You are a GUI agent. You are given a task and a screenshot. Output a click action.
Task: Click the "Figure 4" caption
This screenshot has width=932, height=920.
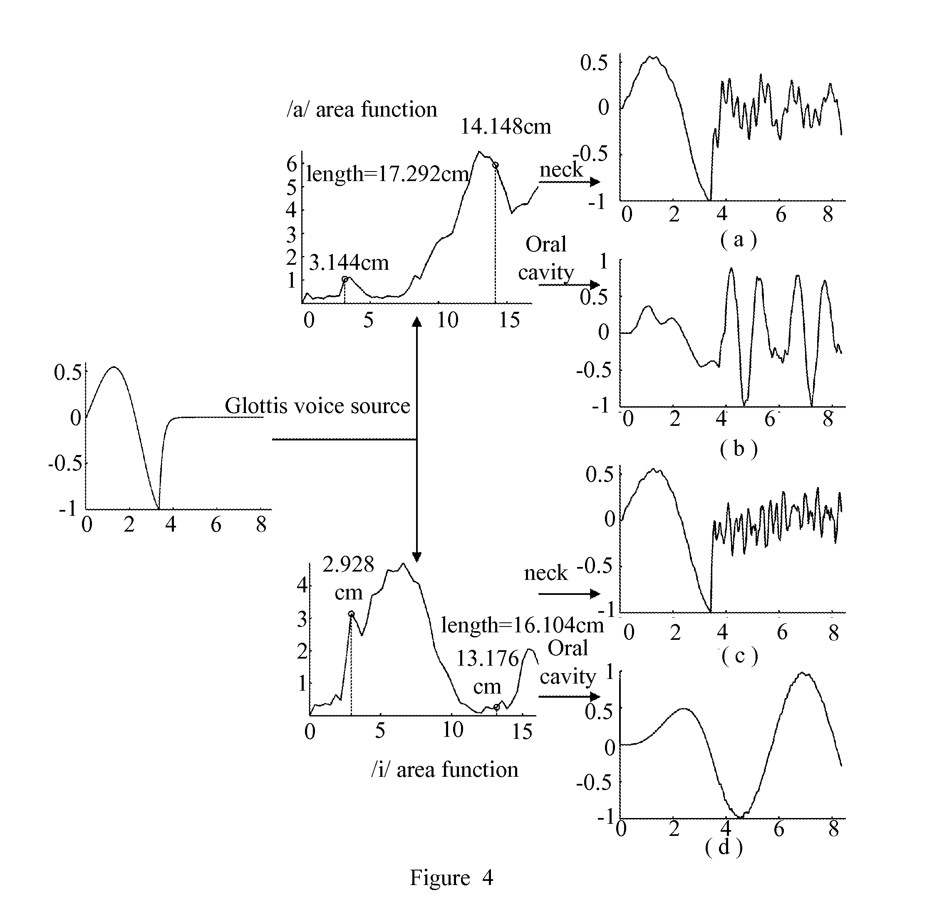pos(451,878)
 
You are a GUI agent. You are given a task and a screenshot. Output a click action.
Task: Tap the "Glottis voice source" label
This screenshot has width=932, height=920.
pos(317,406)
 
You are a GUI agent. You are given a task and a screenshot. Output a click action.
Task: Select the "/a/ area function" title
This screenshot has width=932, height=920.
pos(362,109)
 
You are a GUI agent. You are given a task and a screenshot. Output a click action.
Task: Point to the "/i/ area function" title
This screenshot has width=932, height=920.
pos(445,769)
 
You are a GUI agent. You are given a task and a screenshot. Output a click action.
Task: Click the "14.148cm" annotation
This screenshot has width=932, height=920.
pos(506,127)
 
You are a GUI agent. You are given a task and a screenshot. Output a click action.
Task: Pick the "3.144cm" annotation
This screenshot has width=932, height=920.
pos(348,263)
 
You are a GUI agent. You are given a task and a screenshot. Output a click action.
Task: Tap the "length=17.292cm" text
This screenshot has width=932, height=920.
pos(387,174)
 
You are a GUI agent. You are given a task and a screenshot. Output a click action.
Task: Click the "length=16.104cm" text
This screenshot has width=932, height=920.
pos(523,625)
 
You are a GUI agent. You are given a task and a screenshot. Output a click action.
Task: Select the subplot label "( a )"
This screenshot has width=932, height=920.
pos(739,239)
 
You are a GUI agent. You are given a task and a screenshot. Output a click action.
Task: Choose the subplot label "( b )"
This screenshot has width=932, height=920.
pos(739,449)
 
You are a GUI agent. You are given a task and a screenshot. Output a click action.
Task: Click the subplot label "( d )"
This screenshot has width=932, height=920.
pos(724,847)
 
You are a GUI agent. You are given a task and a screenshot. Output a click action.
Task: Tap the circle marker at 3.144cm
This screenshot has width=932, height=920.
pos(345,279)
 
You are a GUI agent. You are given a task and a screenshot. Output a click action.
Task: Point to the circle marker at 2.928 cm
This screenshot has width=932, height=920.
pos(351,614)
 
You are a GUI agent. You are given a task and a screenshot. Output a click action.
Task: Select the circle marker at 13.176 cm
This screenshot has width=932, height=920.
pos(496,707)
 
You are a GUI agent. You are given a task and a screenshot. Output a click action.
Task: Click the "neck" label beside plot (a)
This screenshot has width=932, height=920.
pos(561,170)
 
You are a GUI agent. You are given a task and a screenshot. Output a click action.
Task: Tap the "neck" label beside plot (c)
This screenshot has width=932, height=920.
pos(546,573)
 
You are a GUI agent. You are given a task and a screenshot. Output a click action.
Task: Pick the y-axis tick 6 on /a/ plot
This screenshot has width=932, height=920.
pos(292,164)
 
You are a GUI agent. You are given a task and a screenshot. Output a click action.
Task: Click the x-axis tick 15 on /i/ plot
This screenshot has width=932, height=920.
pos(522,732)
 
